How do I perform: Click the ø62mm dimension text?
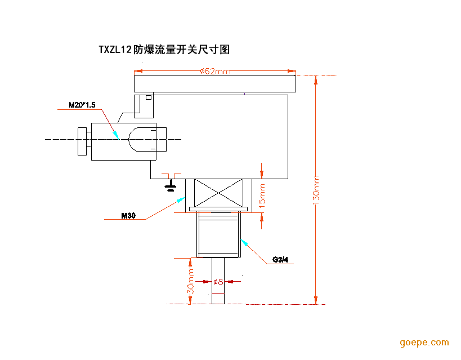tap(215, 71)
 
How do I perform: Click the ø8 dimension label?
tap(218, 281)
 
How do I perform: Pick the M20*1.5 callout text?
tap(82, 104)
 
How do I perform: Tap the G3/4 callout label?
tap(280, 260)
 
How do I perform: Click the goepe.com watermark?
tap(424, 343)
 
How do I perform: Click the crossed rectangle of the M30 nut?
tap(218, 193)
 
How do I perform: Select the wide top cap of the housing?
tap(215, 84)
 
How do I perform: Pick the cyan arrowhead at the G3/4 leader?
tap(244, 242)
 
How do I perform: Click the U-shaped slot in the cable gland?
tap(142, 139)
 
